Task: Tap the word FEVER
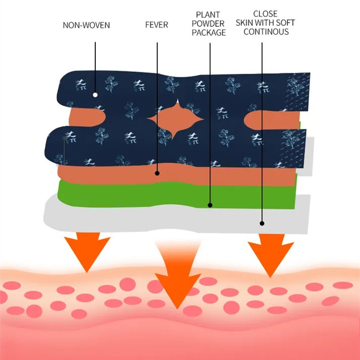[x=157, y=24]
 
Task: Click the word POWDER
[x=208, y=24]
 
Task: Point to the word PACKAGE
[x=208, y=33]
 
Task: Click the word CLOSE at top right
[x=265, y=14]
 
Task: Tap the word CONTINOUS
[x=265, y=32]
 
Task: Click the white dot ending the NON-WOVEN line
[x=95, y=95]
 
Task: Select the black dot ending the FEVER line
[x=157, y=173]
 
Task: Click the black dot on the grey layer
[x=262, y=223]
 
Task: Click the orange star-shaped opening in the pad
[x=175, y=119]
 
